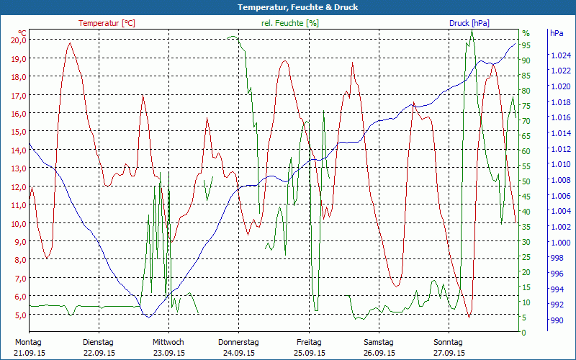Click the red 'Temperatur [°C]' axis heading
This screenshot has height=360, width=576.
click(107, 23)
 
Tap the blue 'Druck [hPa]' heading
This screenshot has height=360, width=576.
click(469, 23)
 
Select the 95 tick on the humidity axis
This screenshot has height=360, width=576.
click(526, 45)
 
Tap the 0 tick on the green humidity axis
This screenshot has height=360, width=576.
click(524, 333)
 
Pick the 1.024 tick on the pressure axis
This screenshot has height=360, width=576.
click(560, 55)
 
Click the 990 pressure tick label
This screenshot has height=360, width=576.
click(557, 320)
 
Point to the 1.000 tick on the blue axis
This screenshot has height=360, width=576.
click(560, 242)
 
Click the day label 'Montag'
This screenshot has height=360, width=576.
click(28, 342)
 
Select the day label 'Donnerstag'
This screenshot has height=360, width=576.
click(238, 342)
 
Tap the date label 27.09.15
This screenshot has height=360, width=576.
click(449, 353)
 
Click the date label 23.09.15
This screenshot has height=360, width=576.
click(168, 353)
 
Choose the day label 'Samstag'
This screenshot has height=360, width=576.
click(379, 342)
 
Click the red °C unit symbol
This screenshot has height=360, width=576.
click(22, 33)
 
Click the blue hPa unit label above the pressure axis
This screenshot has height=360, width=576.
click(557, 33)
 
